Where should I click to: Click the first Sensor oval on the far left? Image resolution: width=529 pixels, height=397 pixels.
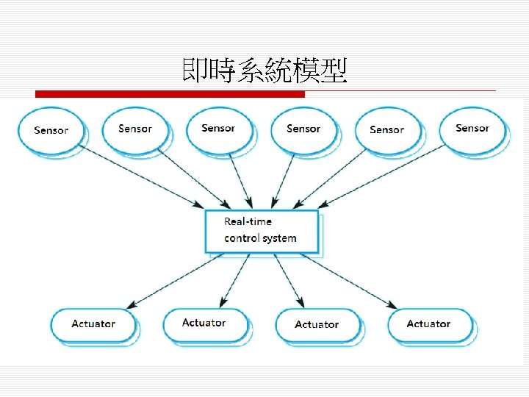(51, 131)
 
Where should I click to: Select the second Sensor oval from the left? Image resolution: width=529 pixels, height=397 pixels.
(135, 129)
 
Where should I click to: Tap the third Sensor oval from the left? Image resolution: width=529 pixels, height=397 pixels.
(218, 129)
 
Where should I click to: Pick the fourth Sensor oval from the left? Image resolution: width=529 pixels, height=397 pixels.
(303, 129)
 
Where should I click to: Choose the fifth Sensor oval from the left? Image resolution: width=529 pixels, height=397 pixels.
(387, 130)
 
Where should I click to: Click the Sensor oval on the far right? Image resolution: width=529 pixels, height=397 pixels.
(472, 129)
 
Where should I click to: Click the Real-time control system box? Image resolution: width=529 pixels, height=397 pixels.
(262, 231)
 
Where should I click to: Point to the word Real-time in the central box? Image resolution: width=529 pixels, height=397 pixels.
(248, 221)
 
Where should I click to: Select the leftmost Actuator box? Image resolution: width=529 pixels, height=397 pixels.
(93, 324)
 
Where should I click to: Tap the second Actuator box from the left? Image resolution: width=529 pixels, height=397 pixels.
(204, 323)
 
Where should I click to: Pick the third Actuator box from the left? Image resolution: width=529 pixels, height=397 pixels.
(317, 325)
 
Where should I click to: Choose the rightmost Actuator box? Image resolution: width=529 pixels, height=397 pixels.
(428, 324)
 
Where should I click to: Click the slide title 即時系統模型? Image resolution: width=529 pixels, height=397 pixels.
(264, 72)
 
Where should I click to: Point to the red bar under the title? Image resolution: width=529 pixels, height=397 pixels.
(170, 94)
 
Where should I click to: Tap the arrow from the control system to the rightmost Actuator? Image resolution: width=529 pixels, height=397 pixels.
(345, 279)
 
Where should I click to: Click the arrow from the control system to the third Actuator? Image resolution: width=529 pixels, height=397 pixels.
(288, 279)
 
